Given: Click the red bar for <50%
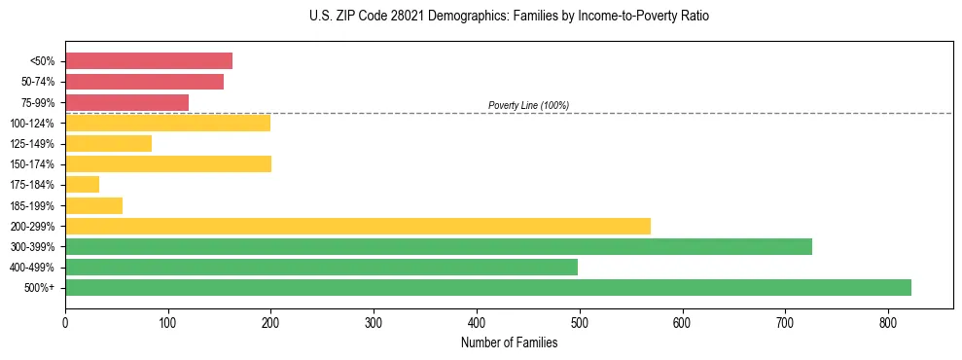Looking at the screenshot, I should tap(149, 61).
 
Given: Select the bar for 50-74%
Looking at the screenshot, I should tap(144, 82).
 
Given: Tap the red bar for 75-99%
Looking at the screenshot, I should tap(126, 102).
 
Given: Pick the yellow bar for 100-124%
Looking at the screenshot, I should tap(167, 123).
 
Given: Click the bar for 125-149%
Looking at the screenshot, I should tap(108, 143).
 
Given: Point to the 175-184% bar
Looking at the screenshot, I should tap(82, 184).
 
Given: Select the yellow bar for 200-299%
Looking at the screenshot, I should tap(357, 226).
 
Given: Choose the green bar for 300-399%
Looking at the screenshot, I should tap(438, 246).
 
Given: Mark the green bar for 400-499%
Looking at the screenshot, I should tap(321, 267).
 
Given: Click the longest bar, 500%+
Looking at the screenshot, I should tap(487, 287).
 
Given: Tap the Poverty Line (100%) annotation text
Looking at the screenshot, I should tap(528, 105).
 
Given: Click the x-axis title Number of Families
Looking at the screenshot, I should tap(509, 342).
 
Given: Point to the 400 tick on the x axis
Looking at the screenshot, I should tap(477, 322).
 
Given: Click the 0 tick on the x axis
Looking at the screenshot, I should tap(65, 322).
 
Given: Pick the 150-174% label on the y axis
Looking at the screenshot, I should tap(32, 164).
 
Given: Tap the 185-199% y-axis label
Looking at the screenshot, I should tap(32, 205).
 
